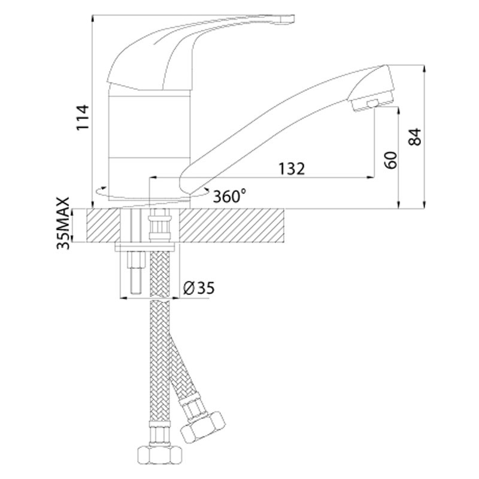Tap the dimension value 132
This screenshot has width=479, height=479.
click(289, 169)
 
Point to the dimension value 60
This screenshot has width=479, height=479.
click(391, 160)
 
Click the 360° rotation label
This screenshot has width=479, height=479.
click(231, 195)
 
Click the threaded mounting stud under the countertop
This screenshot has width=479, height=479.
click(134, 272)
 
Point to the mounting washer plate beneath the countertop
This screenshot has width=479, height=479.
click(147, 247)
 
